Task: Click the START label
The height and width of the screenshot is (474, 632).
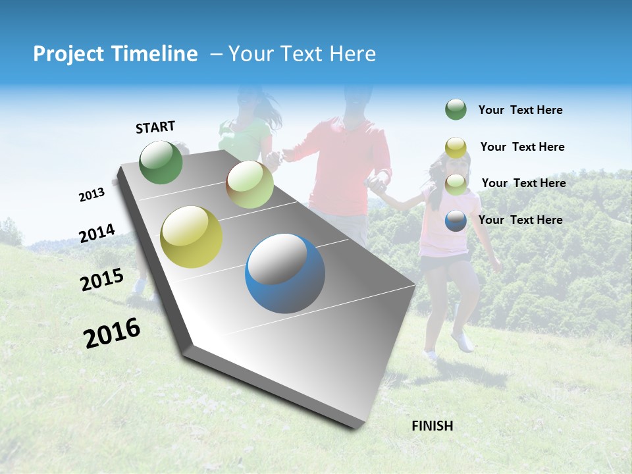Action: pyautogui.click(x=155, y=127)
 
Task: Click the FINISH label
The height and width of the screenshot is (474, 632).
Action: pyautogui.click(x=432, y=426)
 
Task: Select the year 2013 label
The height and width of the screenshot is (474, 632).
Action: pyautogui.click(x=92, y=195)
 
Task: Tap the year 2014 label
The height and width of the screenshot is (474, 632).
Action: pyautogui.click(x=97, y=234)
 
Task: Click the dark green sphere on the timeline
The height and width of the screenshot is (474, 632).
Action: pyautogui.click(x=161, y=162)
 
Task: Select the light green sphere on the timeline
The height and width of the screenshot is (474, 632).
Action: pyautogui.click(x=250, y=184)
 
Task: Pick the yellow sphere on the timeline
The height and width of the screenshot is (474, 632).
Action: pyautogui.click(x=192, y=237)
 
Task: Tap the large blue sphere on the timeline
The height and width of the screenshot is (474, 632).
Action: pyautogui.click(x=285, y=273)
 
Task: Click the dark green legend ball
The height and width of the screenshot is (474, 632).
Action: pyautogui.click(x=456, y=109)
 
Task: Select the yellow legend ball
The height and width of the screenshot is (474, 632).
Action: pyautogui.click(x=456, y=147)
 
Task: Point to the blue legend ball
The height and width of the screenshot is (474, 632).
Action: pyautogui.click(x=456, y=221)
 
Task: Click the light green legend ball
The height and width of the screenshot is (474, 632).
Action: pyautogui.click(x=456, y=184)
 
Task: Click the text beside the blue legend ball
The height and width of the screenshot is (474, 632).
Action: pyautogui.click(x=520, y=220)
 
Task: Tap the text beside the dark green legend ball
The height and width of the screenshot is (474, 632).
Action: pyautogui.click(x=520, y=110)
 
